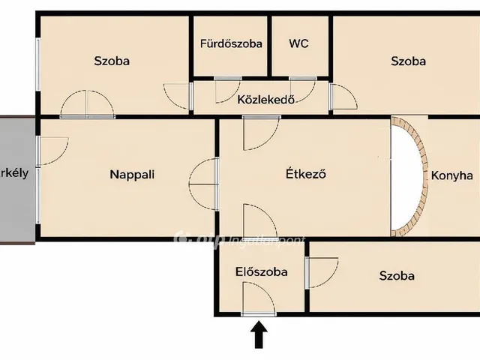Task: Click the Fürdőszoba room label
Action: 231,43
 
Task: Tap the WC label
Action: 298,43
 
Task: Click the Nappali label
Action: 132,175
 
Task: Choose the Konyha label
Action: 451,175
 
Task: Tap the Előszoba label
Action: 261,272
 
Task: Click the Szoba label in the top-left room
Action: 112,61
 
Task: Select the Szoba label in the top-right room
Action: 408,61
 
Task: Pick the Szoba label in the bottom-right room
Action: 396,276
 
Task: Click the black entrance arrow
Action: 259,334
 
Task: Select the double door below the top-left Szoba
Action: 88,104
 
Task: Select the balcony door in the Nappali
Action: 52,150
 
